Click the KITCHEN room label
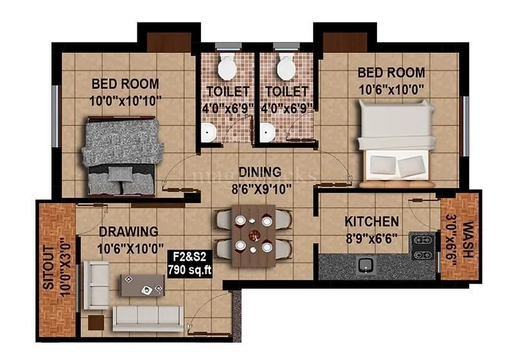click(372, 222)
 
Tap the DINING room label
click(260, 172)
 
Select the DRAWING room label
click(128, 231)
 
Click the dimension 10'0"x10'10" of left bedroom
click(125, 100)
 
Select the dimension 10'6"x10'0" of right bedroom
click(391, 89)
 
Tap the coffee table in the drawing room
click(142, 285)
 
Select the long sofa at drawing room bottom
click(147, 316)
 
